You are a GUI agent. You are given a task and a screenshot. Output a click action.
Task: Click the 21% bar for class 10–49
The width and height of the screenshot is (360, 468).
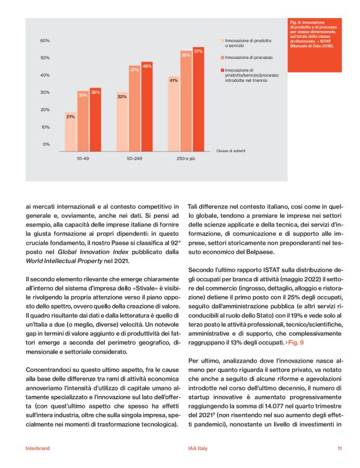pos(70,130)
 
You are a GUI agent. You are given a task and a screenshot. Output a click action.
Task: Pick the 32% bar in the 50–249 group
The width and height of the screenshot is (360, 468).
pos(122,120)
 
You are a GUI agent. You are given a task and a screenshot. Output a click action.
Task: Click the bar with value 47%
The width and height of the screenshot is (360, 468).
pos(134,106)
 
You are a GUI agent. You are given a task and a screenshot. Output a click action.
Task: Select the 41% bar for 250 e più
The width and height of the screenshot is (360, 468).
pos(173,112)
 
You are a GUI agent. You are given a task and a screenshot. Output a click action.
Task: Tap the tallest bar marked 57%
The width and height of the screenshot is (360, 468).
pos(199,96)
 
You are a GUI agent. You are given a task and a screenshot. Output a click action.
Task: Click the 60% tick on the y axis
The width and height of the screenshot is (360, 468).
pos(45,41)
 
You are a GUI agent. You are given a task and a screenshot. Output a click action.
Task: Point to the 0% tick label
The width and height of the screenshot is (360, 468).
pos(46,144)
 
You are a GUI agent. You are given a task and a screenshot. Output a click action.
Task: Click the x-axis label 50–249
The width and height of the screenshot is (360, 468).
pos(135,159)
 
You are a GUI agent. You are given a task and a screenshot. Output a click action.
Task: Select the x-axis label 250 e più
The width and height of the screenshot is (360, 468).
pos(186,159)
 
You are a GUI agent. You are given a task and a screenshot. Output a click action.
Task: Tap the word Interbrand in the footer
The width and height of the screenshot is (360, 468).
pos(37,448)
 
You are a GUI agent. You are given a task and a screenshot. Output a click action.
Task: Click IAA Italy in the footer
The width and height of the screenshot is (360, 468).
pos(197,448)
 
